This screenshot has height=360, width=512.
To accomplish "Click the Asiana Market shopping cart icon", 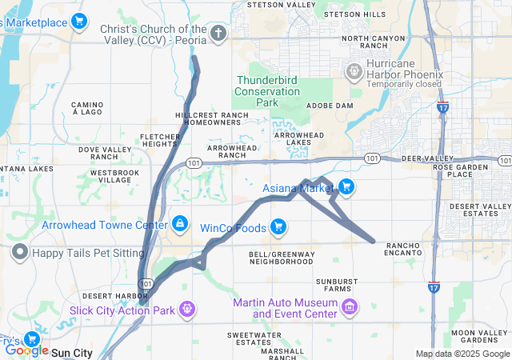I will point(346,188).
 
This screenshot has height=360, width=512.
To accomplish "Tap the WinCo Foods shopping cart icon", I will point(278,228).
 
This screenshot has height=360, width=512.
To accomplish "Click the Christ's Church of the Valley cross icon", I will point(219,34).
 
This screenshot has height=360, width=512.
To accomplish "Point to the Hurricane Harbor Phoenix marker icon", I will point(354,73).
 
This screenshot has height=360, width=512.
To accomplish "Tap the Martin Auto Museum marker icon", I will point(349,307).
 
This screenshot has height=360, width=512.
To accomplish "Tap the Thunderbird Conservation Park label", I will point(266,91).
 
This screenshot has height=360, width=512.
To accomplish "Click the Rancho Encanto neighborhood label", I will point(403,248).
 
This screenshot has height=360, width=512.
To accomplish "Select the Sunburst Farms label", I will point(342,282).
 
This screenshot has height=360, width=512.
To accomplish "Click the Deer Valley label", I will point(421,159).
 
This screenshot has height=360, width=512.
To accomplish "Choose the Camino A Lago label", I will point(87,109).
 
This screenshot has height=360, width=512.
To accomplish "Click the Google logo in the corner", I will point(26,350).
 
